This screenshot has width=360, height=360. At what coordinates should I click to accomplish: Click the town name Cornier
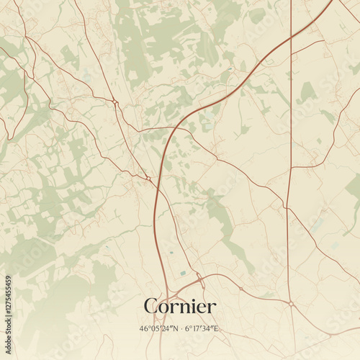pos(179,307)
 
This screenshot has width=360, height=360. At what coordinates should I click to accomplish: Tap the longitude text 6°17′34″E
pos(202,329)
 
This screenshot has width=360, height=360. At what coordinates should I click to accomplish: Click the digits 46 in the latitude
pos(144,329)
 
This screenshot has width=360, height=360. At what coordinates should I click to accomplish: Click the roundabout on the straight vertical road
pos(291,304)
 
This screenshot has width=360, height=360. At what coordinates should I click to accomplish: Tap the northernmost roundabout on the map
pos(116,102)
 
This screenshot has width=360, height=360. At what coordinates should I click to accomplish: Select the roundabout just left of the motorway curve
pos(148,178)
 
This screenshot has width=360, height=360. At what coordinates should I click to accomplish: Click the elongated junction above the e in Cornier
pos(201,284)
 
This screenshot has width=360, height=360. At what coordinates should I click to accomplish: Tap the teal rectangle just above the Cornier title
pos(182,274)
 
